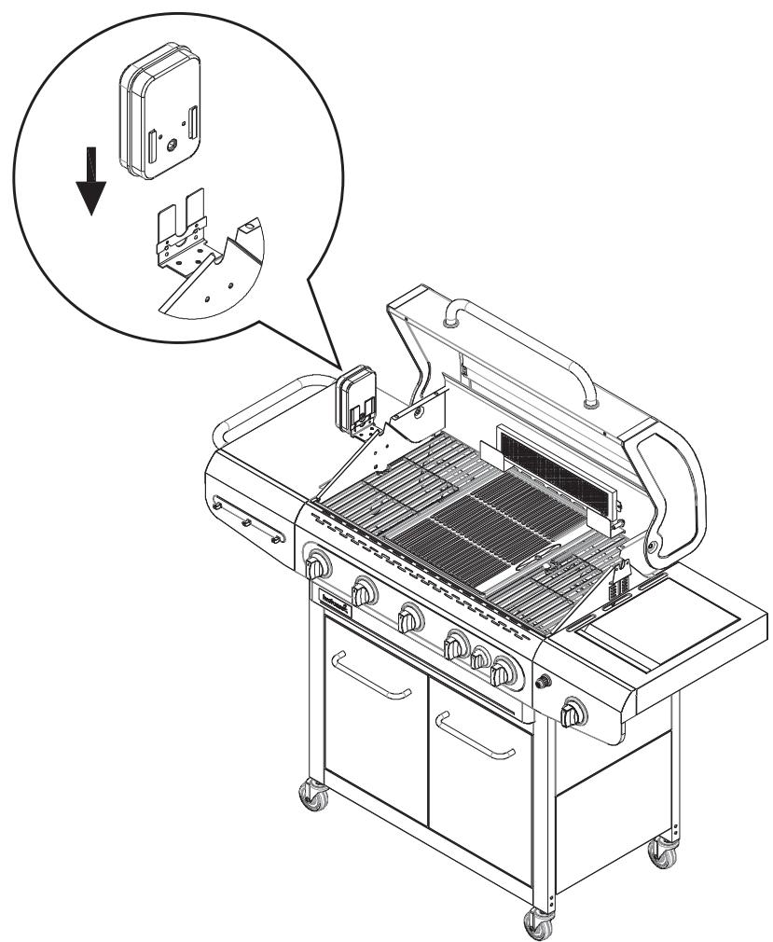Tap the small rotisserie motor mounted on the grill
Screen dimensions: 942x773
coord(354,401)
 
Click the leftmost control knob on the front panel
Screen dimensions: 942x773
coord(318,566)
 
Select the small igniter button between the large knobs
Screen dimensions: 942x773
coord(481,659)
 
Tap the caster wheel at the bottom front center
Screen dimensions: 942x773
coord(539,923)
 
